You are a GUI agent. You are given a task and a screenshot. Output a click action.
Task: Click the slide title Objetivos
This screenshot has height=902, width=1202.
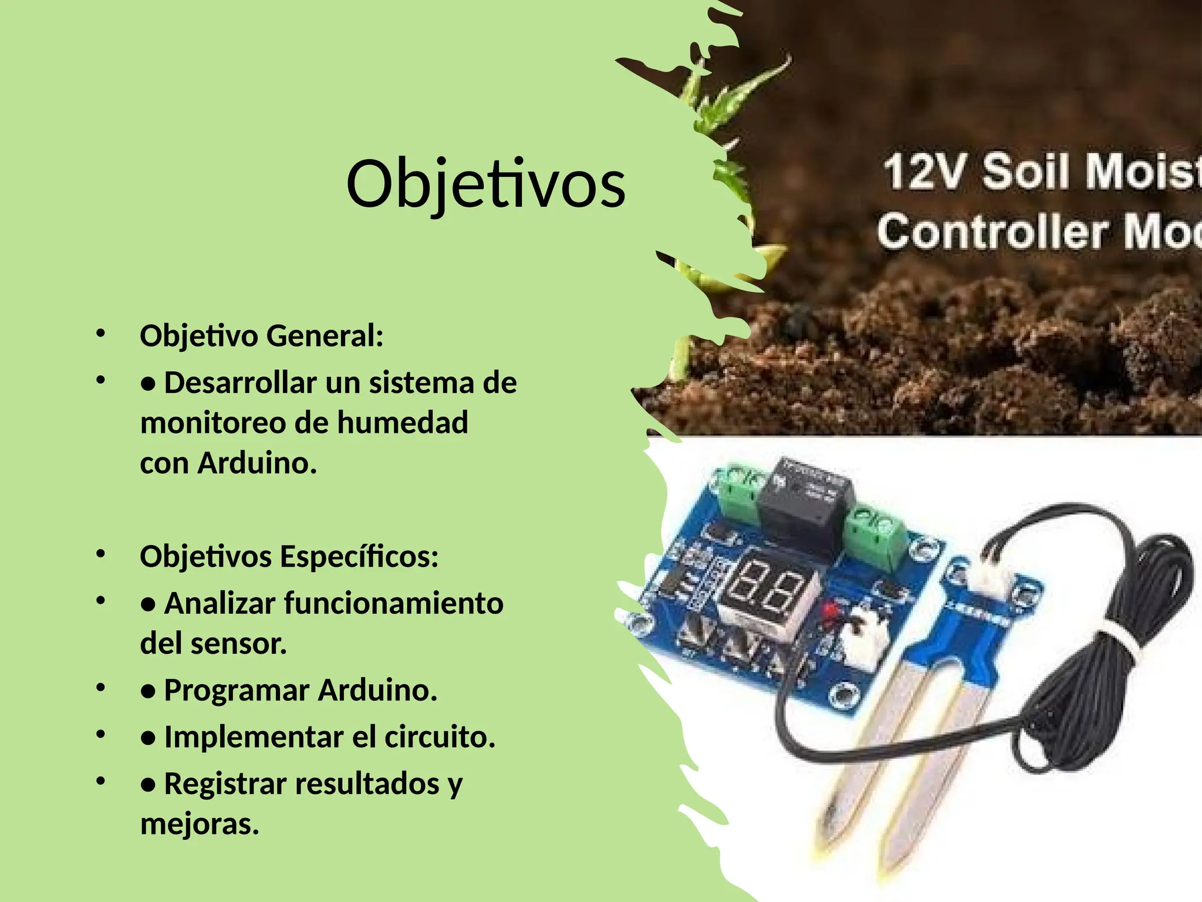pos(485,184)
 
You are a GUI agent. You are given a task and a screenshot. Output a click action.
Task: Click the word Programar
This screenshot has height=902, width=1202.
pos(237,691)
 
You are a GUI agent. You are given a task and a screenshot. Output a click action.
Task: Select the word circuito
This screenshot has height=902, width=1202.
pos(440,737)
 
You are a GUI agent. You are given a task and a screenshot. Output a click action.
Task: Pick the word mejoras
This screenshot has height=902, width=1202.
pos(200,824)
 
